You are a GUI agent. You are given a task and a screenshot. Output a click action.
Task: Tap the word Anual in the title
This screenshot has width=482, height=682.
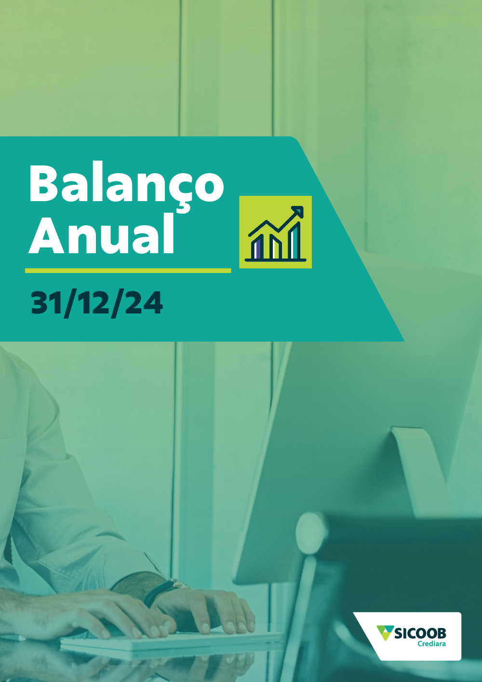[101, 234]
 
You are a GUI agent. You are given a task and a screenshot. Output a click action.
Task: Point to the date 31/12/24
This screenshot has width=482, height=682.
[97, 302]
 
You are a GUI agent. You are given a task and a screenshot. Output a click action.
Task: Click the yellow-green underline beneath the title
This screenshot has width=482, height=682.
[128, 271]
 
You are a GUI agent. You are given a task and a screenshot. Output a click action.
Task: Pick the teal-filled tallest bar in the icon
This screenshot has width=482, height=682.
[295, 241]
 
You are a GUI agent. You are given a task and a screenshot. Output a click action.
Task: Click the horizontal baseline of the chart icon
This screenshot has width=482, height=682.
[276, 259]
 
